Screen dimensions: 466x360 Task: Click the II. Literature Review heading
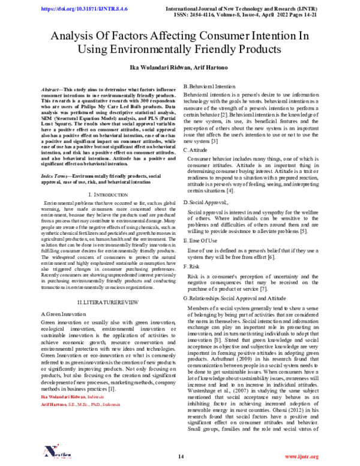tap(106, 299)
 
